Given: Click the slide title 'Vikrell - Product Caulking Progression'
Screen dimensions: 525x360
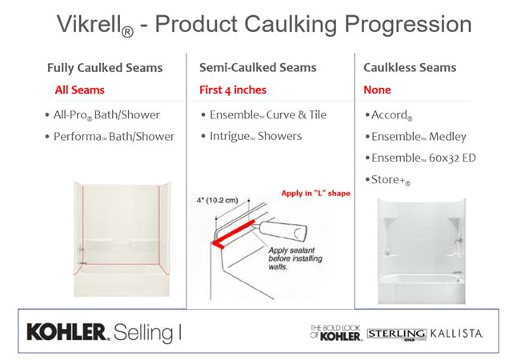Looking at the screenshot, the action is (264, 25).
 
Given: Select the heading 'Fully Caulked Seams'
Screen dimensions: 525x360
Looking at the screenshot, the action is (105, 68).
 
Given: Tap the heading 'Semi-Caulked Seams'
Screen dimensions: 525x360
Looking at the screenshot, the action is (258, 67).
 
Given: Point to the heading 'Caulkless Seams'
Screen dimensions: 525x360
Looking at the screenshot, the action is (410, 67).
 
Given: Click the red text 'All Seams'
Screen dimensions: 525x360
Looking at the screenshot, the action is (80, 90).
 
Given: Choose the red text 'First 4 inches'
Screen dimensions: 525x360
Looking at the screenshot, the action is (233, 90).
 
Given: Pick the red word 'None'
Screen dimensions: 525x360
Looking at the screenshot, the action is (377, 90).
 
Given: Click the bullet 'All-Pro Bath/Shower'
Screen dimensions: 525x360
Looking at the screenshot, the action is (102, 115).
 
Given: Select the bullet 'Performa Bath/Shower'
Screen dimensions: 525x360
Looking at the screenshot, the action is (110, 137).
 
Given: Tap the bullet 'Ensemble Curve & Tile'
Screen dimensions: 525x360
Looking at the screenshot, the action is (264, 114).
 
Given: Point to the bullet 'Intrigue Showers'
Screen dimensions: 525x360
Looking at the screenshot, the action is (251, 136).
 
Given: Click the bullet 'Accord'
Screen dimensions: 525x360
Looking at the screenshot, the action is (389, 115).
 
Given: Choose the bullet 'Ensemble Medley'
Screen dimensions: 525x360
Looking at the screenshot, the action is (415, 137).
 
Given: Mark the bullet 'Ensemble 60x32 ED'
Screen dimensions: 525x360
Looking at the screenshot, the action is (420, 158).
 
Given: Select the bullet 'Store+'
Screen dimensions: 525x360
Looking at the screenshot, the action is (387, 180).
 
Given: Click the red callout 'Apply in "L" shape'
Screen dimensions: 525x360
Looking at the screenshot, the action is (316, 194).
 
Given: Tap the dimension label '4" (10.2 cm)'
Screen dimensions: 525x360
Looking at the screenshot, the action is (218, 201).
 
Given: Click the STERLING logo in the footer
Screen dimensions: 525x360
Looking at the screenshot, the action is (397, 334).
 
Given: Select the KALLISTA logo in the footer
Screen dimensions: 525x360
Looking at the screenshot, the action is (456, 334).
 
